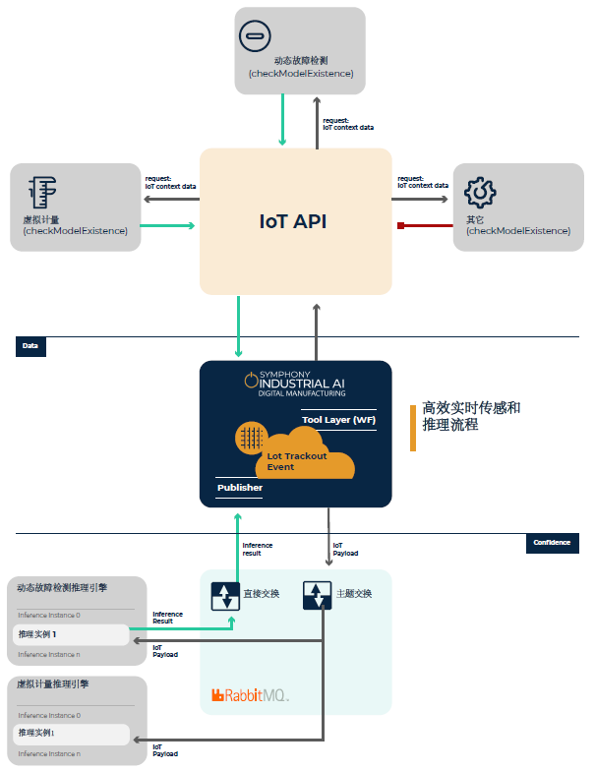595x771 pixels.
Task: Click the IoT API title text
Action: coord(293,221)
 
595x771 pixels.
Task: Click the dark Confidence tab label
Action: coord(552,543)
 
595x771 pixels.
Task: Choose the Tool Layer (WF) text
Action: coord(338,420)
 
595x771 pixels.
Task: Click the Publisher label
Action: coord(240,487)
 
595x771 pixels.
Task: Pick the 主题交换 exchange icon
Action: coord(317,594)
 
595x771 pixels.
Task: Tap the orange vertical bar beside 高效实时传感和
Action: coord(413,427)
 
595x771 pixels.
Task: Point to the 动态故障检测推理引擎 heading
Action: coord(62,588)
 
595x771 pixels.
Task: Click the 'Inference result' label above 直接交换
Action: coord(258,549)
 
